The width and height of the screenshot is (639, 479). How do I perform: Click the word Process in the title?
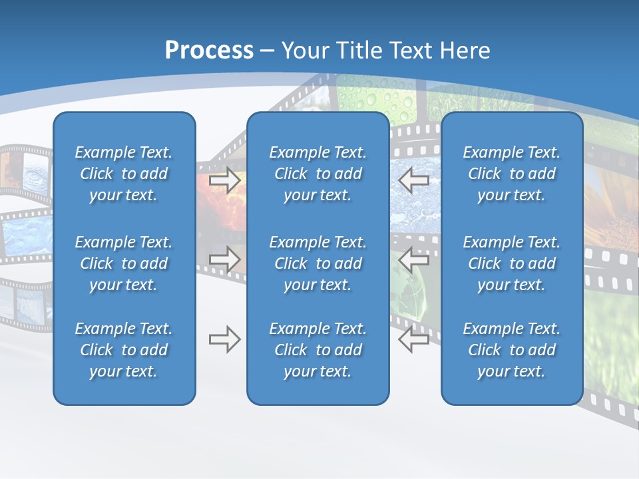click(x=209, y=51)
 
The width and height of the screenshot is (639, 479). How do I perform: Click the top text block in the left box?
click(x=124, y=174)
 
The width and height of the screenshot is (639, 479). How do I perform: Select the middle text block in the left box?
click(x=124, y=263)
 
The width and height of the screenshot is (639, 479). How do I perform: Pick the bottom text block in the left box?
click(x=124, y=350)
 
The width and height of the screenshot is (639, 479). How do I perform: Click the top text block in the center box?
click(x=318, y=174)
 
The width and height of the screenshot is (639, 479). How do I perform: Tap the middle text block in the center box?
click(x=318, y=263)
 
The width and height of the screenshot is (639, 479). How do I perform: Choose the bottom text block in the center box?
click(x=318, y=350)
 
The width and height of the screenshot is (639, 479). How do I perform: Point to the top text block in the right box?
click(x=511, y=174)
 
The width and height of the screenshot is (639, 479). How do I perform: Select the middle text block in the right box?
click(x=511, y=263)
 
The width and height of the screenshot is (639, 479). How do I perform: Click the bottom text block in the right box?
click(x=511, y=350)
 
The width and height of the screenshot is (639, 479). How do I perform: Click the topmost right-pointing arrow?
click(x=225, y=180)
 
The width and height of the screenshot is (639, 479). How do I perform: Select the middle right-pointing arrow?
click(x=225, y=259)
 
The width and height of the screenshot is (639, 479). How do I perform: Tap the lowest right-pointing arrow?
click(x=225, y=339)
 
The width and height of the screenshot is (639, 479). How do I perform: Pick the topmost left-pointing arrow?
click(x=413, y=180)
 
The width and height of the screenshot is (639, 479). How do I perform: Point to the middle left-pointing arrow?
click(x=413, y=259)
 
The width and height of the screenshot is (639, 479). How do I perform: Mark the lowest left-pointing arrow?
click(x=413, y=339)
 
